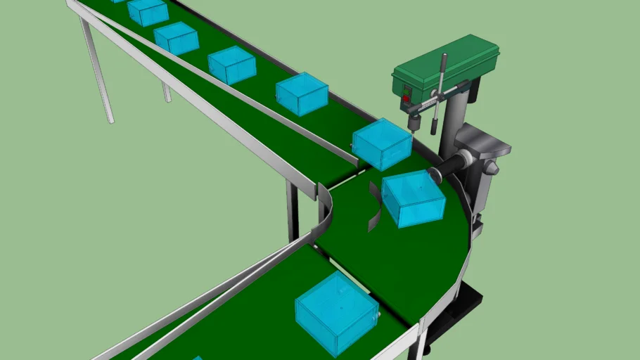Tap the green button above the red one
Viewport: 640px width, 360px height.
[x=406, y=89]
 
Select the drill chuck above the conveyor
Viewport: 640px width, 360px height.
[x=414, y=125]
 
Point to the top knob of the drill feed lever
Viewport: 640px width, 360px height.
[x=444, y=56]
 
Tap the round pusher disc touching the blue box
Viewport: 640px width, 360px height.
[x=435, y=173]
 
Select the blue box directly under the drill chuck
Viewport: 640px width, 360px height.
[x=382, y=143]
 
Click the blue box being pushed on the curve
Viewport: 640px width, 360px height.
[x=414, y=198]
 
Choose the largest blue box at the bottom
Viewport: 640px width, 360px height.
[x=336, y=312]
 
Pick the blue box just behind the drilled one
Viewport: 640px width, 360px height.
[x=302, y=94]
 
